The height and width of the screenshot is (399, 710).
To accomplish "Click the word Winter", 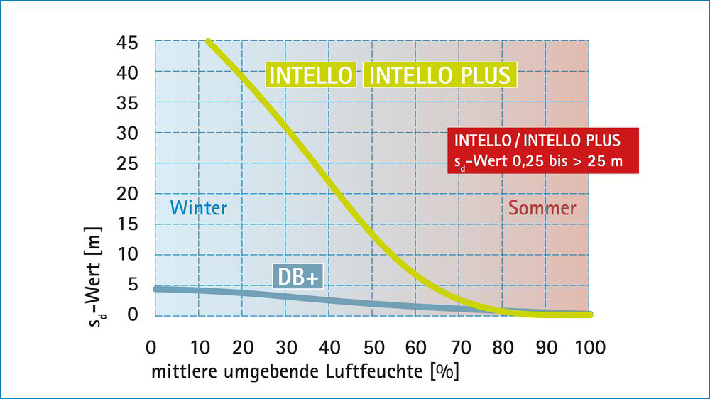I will [x=199, y=208].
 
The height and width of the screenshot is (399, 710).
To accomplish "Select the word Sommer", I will [x=542, y=208].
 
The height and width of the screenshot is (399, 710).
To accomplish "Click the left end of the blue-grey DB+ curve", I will [x=157, y=289].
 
